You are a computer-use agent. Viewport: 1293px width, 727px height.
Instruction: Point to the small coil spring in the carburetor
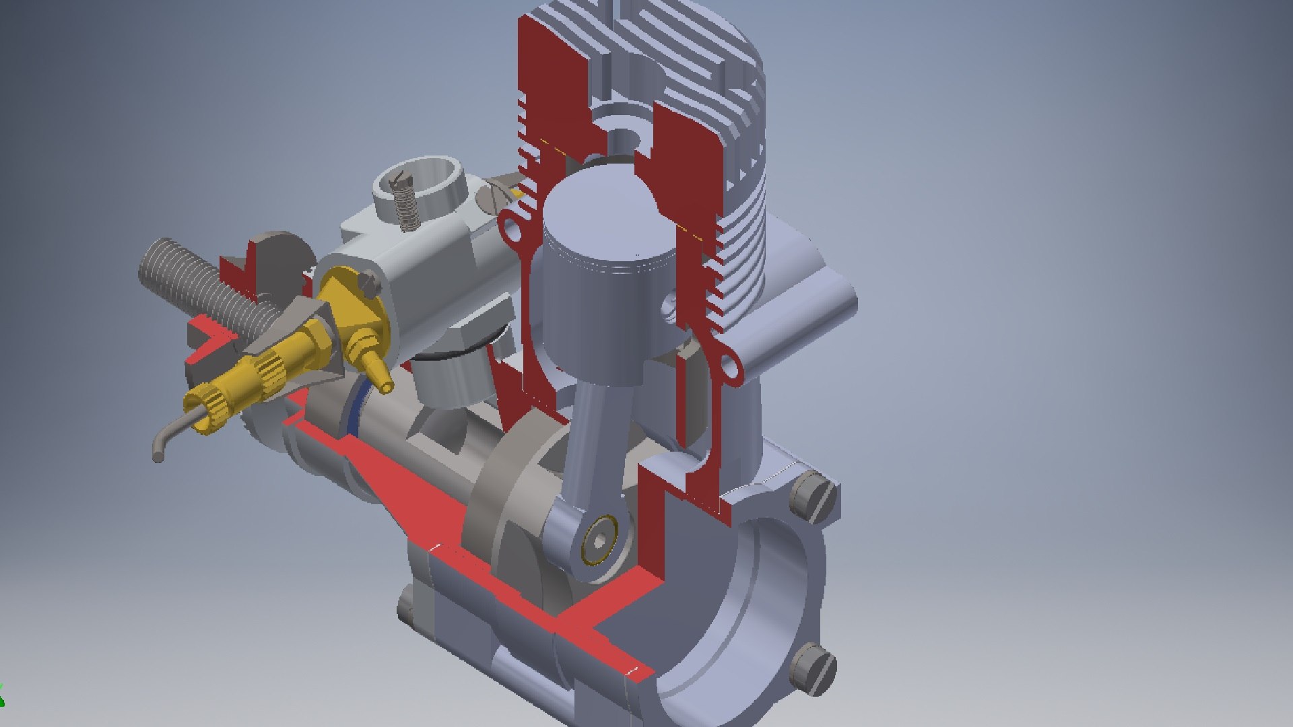pos(405,202)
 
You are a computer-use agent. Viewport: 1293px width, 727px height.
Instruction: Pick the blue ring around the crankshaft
pos(355,411)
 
